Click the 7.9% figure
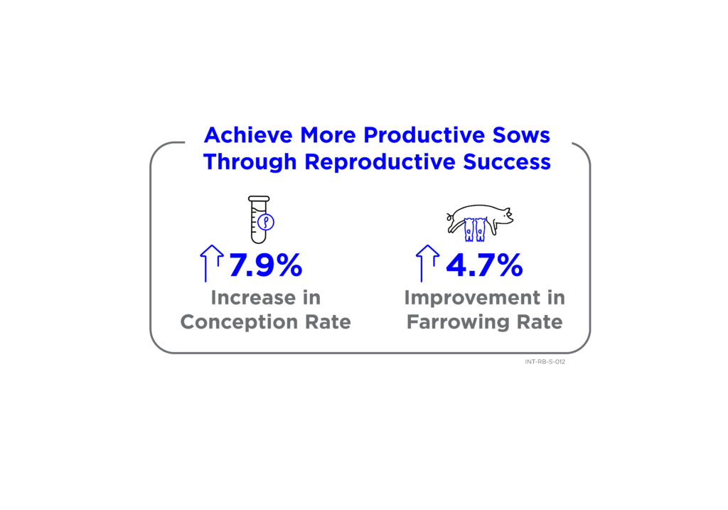click(x=266, y=265)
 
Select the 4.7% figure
click(x=484, y=265)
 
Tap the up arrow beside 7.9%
click(x=212, y=263)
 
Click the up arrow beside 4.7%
click(x=427, y=263)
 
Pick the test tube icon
click(x=259, y=220)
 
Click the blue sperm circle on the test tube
click(x=266, y=222)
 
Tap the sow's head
click(x=504, y=216)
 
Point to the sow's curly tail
click(x=449, y=217)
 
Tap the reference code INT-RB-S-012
click(x=545, y=362)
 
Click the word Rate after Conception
click(x=328, y=322)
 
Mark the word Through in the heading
click(x=250, y=163)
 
